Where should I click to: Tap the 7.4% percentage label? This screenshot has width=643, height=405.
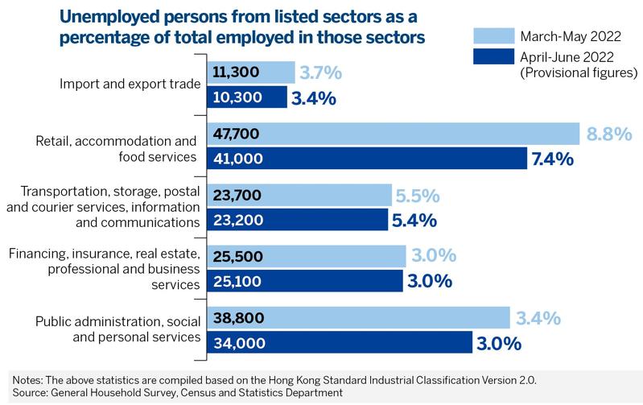[552, 159]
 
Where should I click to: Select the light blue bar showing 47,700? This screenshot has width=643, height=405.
[394, 134]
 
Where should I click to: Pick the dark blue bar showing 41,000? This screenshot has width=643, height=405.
[367, 159]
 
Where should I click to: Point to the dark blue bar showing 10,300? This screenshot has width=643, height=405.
[247, 97]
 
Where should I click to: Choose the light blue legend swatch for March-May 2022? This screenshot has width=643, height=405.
[491, 36]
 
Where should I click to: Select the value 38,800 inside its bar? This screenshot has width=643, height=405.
[237, 318]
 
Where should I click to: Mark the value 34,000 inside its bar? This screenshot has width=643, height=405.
[237, 342]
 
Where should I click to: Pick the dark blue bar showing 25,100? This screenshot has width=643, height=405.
[305, 281]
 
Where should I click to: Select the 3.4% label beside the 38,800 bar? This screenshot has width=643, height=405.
[538, 318]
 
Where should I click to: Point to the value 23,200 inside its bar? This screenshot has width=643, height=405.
[237, 220]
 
